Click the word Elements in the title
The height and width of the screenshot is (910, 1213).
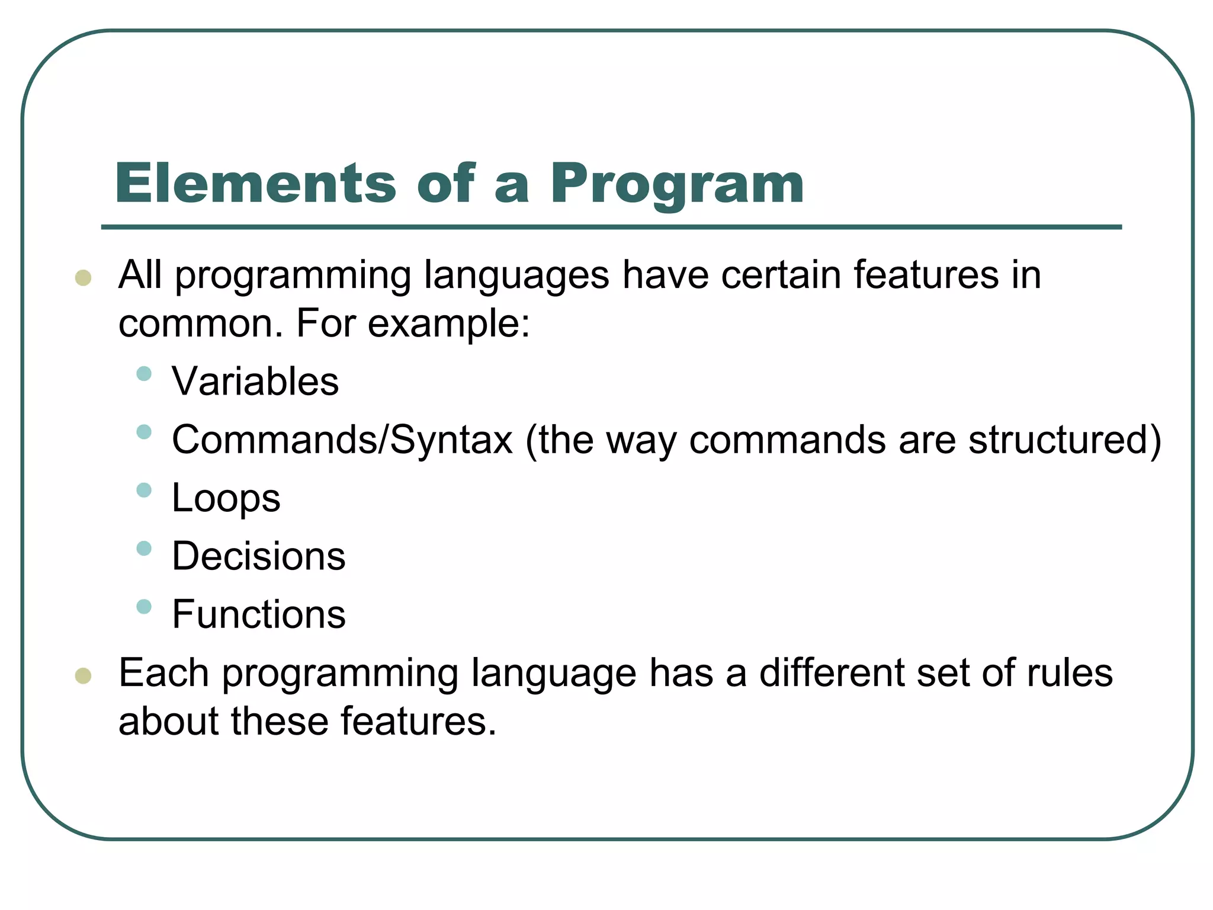coord(255,183)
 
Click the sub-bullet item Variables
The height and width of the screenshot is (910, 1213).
coord(255,381)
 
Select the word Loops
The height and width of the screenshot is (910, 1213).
coord(226,498)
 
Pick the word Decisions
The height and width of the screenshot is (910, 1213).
coord(259,556)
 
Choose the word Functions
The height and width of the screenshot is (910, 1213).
coord(259,614)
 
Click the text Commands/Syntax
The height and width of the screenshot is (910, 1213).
coord(342,440)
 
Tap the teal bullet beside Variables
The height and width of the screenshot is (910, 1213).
coord(144,373)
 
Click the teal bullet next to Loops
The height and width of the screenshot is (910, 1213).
coord(144,490)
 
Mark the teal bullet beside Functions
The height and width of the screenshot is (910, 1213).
coord(144,607)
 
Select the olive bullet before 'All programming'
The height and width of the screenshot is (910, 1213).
coord(84,277)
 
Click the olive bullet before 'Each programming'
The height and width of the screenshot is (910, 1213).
coord(84,675)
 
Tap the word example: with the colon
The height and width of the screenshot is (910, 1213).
coord(448,325)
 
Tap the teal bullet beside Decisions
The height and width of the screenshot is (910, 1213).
coord(144,548)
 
